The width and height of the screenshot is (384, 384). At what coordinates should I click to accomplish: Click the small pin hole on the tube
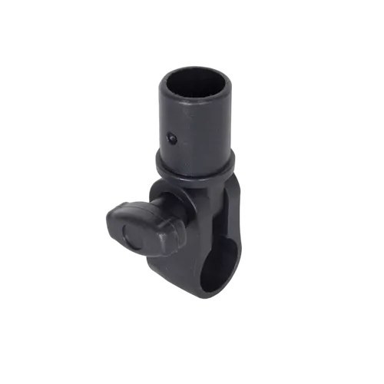pyautogui.click(x=172, y=139)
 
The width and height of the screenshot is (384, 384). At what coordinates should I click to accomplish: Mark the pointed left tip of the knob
pyautogui.click(x=102, y=217)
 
